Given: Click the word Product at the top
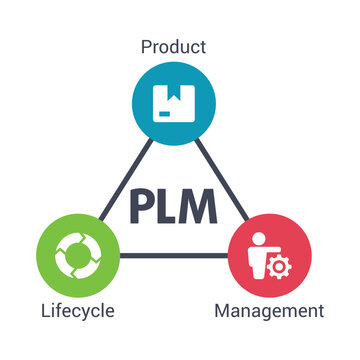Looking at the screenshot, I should (x=174, y=46).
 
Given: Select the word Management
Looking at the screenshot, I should (x=269, y=311).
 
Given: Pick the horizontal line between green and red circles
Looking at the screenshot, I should (x=174, y=255).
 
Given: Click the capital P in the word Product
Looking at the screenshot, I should (x=147, y=46).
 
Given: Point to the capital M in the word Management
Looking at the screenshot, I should (x=223, y=311).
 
